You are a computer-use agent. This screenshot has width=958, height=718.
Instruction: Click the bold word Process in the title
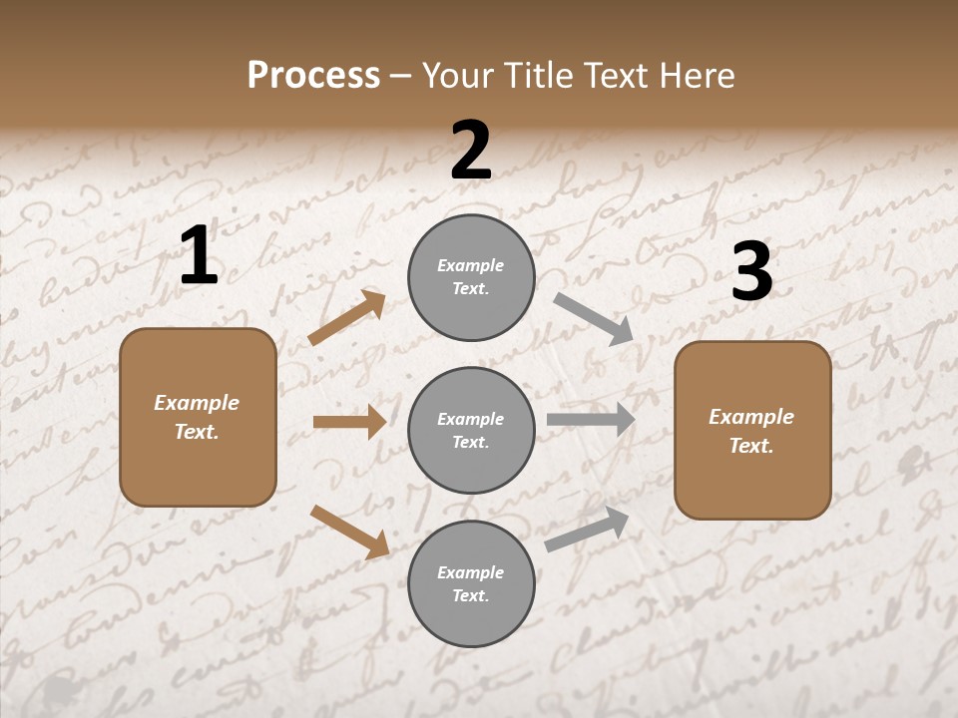313,76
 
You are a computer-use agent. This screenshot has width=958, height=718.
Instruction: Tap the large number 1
199,256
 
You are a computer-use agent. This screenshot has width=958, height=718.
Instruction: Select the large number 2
471,151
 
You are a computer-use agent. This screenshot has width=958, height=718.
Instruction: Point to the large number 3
751,272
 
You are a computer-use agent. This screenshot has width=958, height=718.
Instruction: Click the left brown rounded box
198,417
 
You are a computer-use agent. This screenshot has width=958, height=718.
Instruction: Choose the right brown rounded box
752,431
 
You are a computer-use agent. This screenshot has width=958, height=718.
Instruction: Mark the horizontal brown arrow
349,422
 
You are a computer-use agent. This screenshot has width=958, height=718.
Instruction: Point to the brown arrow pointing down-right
349,532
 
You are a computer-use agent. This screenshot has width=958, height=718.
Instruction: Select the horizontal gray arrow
591,420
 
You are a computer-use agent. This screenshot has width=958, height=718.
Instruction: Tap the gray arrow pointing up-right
587,530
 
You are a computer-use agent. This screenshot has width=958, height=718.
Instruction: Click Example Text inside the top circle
471,277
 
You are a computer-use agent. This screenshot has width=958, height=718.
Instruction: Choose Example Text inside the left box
197,417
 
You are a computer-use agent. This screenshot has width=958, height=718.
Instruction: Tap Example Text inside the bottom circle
471,584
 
